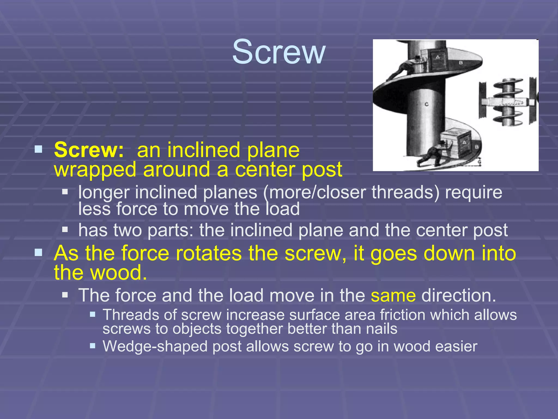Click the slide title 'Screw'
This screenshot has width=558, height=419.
(279, 52)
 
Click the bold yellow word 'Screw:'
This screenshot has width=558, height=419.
(89, 150)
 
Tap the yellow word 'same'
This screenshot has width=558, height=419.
(393, 295)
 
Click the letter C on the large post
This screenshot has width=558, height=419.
(427, 104)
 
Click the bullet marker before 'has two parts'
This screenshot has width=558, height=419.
(65, 229)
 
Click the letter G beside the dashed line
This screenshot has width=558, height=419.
(479, 162)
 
